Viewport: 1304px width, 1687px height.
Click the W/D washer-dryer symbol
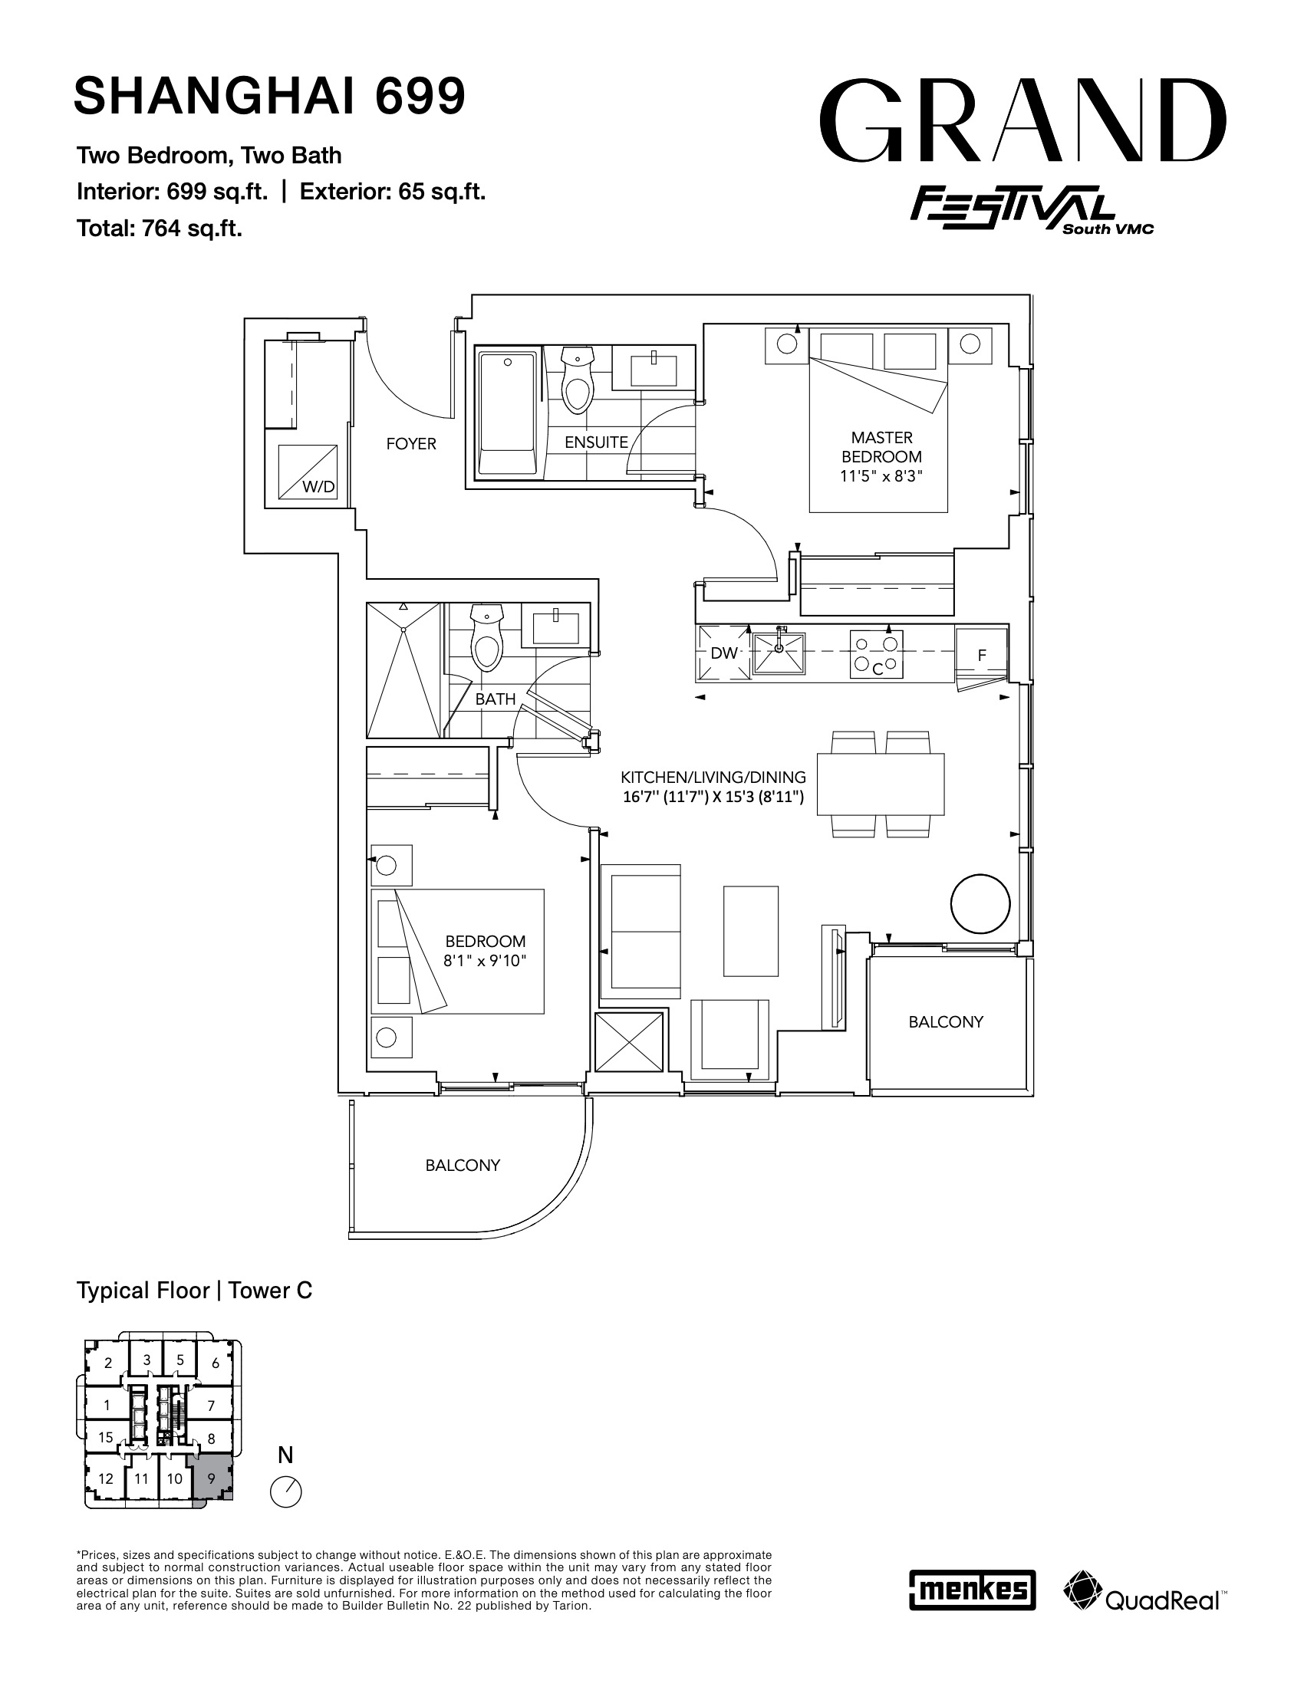tap(308, 471)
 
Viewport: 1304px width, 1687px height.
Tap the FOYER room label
tap(411, 444)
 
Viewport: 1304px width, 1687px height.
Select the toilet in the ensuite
tap(576, 380)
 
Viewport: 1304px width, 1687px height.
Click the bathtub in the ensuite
tap(508, 414)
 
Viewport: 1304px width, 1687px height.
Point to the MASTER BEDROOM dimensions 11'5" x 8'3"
tap(881, 477)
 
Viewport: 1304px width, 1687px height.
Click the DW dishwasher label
tap(724, 653)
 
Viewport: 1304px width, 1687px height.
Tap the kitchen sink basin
tap(779, 653)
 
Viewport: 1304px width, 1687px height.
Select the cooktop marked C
tap(877, 654)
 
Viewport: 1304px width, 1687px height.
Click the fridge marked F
tap(982, 656)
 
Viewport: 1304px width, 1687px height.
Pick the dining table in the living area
tap(880, 783)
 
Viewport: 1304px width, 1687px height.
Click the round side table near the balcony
tap(980, 904)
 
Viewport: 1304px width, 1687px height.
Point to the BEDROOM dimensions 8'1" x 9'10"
tap(485, 962)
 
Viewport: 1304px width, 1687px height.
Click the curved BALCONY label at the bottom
tap(463, 1166)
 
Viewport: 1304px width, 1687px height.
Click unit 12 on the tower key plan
tap(106, 1478)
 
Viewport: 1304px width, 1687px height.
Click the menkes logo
tap(972, 1590)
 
